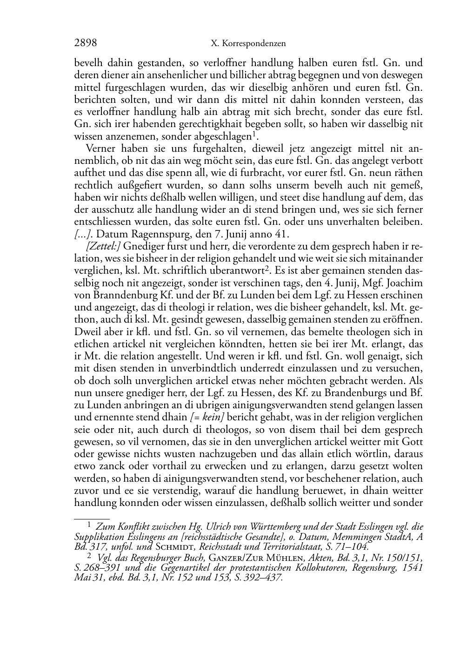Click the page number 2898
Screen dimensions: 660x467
tap(86, 43)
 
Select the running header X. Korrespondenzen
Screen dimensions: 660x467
tap(248, 44)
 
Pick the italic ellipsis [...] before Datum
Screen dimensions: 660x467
tap(83, 234)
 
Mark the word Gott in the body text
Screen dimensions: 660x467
tap(413, 441)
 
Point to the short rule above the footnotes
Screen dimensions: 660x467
tap(92, 518)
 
